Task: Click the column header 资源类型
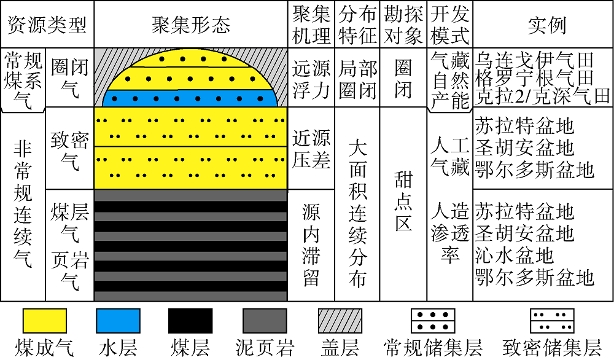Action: point(47,25)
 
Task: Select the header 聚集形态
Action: point(191,25)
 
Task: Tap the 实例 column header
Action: point(547,25)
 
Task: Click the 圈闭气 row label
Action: point(70,78)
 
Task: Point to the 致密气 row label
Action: point(70,151)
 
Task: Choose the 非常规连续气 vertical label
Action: point(23,204)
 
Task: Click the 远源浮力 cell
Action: point(311,79)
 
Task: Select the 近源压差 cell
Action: point(311,149)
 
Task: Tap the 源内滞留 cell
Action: point(311,245)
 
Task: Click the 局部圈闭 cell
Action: point(357,79)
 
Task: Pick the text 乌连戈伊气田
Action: point(535,60)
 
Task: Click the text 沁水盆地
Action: point(515,256)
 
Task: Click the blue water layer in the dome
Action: point(190,98)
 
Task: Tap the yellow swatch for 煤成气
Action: point(45,321)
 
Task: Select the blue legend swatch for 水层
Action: point(118,321)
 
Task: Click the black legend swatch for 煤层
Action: point(190,321)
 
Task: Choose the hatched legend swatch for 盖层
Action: point(340,321)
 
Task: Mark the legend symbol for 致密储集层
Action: point(552,321)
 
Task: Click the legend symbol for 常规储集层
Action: point(433,321)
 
